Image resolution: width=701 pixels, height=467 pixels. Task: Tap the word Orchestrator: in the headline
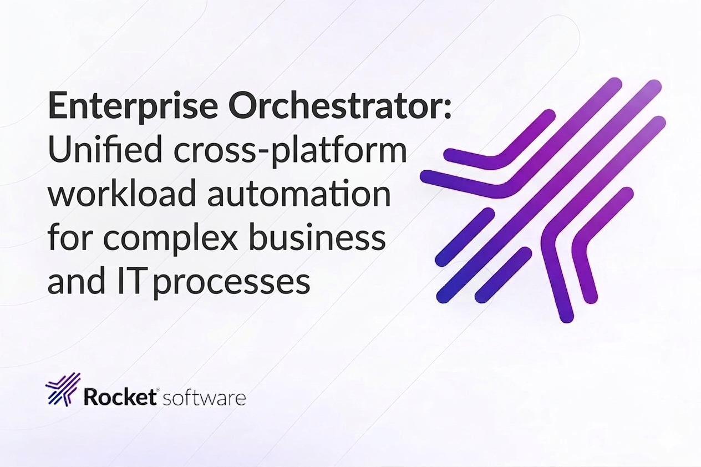coord(340,106)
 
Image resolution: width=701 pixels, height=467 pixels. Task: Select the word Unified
coord(104,151)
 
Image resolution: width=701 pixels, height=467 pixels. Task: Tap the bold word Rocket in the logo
coord(119,398)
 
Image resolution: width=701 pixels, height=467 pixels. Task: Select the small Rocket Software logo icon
coord(63,389)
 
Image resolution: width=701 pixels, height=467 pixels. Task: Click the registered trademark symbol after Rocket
coord(158,390)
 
